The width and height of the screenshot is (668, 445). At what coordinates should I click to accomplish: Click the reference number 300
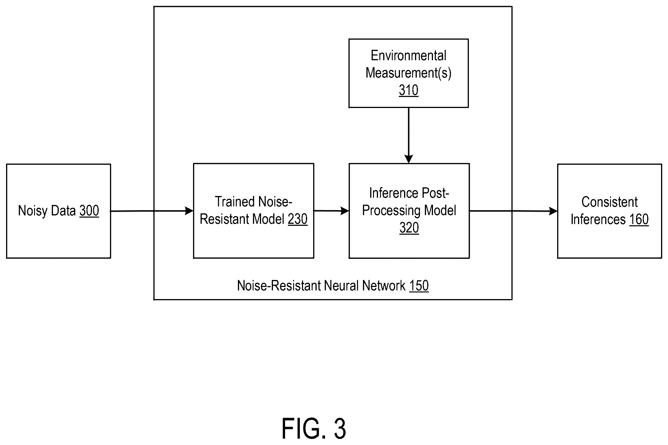(89, 210)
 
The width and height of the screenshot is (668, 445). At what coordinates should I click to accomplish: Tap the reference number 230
(298, 219)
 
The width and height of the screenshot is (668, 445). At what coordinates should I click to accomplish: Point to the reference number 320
(409, 228)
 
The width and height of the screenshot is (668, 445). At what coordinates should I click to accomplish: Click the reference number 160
(639, 219)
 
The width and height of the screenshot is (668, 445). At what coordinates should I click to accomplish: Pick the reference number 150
(419, 285)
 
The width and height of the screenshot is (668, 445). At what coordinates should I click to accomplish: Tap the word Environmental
(408, 55)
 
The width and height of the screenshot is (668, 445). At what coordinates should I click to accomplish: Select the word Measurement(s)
(408, 73)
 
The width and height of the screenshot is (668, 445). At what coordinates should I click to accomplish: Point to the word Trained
(234, 202)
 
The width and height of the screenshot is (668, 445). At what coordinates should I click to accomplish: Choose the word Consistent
(610, 202)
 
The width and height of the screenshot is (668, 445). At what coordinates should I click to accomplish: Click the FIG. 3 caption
(314, 429)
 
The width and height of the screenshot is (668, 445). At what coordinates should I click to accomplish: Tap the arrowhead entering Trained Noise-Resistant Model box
(189, 211)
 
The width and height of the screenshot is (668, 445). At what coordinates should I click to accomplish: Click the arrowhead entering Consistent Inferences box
(553, 211)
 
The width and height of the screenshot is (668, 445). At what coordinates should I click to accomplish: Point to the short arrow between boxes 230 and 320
(331, 211)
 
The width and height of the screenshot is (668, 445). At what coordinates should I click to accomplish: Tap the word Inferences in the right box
(598, 219)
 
